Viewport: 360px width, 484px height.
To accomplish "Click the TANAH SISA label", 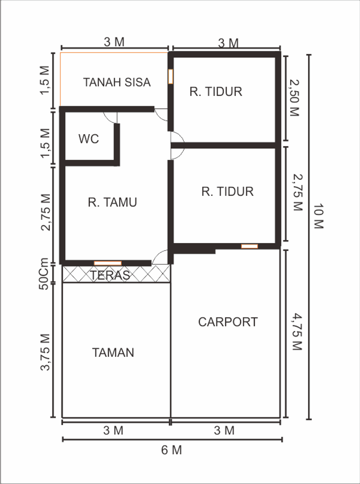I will [x=117, y=82].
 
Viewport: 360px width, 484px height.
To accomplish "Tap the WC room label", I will [x=89, y=139].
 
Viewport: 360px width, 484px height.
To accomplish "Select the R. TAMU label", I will [x=112, y=202].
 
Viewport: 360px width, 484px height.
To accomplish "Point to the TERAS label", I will [x=110, y=275].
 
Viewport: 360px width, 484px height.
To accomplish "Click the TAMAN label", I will [x=113, y=352].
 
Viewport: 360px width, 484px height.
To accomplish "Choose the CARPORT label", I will [x=228, y=322].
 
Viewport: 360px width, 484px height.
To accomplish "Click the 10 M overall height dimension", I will [x=319, y=216].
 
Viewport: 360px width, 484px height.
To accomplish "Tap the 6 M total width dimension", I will [x=172, y=450].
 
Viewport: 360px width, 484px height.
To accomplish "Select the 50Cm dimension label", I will [x=44, y=274].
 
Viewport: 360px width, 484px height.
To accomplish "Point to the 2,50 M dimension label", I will [x=294, y=98].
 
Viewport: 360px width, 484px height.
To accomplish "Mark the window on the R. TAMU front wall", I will [x=108, y=263].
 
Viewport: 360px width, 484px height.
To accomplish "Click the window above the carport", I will [x=249, y=246].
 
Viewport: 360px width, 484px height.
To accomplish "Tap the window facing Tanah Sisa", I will [x=171, y=76].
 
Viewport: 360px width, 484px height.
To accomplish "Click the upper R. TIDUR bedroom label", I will [x=216, y=92].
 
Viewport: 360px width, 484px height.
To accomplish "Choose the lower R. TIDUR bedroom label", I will [x=227, y=192].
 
